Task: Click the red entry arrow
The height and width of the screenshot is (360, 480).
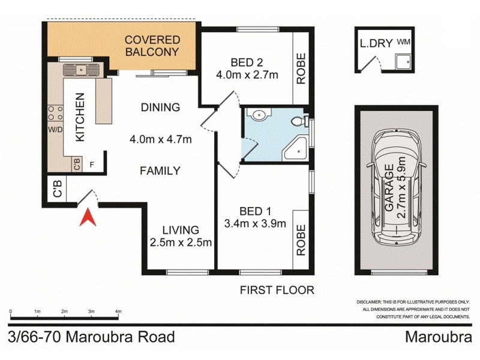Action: [88, 217]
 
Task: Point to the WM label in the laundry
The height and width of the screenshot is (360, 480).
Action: [403, 43]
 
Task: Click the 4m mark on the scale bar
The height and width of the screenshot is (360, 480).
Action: [118, 311]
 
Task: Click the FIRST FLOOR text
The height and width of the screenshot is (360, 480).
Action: [277, 290]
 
